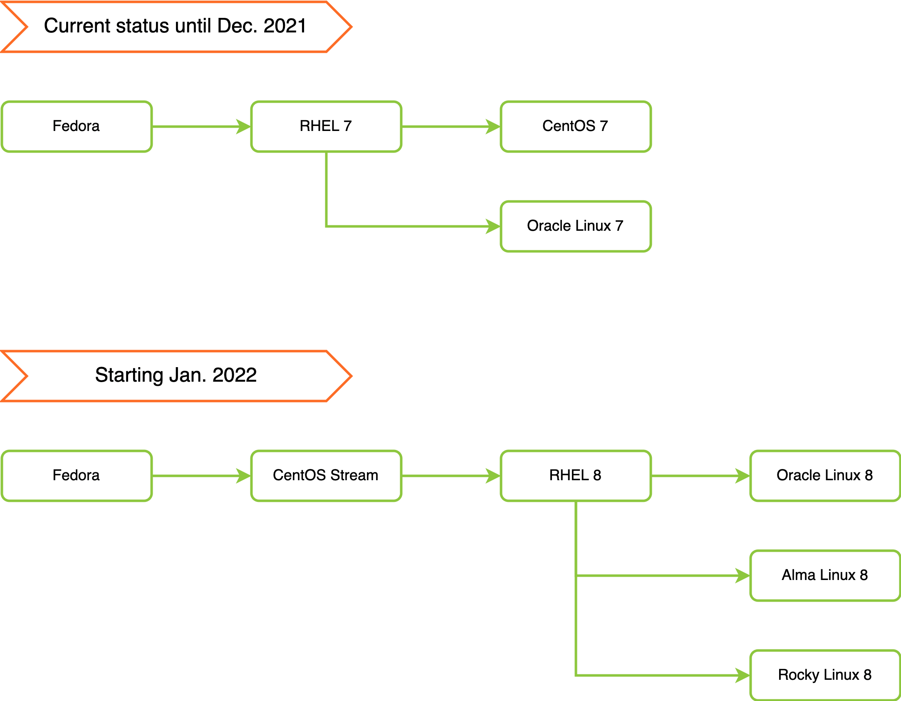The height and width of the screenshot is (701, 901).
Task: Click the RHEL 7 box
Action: [326, 126]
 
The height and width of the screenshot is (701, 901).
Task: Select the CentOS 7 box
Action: [576, 126]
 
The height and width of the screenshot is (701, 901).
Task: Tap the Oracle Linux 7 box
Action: [576, 226]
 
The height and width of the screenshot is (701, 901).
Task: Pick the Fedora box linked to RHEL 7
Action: [77, 126]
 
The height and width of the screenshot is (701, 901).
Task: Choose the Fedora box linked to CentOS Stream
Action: [77, 476]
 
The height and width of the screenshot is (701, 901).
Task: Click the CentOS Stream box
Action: [326, 476]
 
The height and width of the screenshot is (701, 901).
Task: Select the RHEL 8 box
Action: [576, 476]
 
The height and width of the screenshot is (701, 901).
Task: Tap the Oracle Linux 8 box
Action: [825, 476]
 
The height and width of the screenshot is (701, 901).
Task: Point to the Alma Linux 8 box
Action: [825, 575]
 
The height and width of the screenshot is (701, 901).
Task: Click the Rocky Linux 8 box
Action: [825, 675]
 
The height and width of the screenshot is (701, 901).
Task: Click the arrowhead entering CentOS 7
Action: [493, 126]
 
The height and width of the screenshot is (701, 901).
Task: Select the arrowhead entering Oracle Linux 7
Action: [493, 226]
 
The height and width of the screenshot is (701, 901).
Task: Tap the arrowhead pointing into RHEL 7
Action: [244, 126]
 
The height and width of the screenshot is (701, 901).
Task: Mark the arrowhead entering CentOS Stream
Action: [244, 476]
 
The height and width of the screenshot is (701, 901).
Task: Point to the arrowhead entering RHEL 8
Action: [493, 476]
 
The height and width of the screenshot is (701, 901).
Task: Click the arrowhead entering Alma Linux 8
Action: [743, 575]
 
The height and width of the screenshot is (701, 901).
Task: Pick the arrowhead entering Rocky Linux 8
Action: [743, 675]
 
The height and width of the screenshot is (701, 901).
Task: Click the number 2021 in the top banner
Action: [285, 26]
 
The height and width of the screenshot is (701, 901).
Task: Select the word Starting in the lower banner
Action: [129, 375]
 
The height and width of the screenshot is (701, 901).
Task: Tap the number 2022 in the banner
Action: [235, 375]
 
